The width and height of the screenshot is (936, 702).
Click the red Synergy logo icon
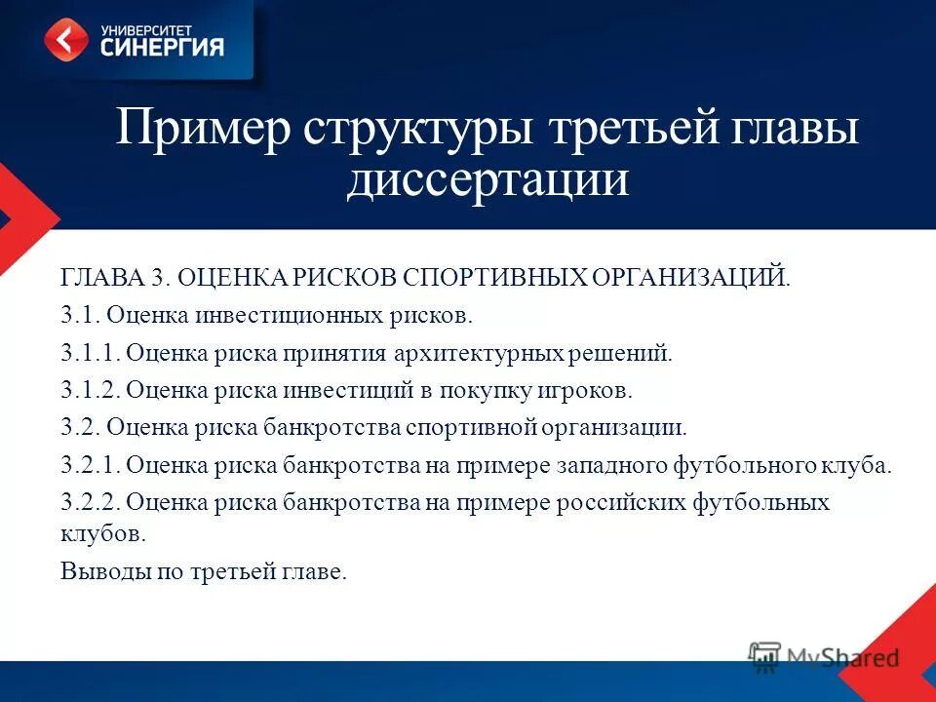click(x=66, y=40)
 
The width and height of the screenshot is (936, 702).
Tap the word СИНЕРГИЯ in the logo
click(x=162, y=46)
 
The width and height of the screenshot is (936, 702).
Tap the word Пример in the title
click(x=203, y=128)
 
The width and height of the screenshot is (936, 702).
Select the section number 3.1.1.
click(x=90, y=352)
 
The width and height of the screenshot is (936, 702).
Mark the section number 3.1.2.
click(x=90, y=390)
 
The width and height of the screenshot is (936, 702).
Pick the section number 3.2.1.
click(x=90, y=464)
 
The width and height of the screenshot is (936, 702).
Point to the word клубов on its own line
click(x=102, y=534)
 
